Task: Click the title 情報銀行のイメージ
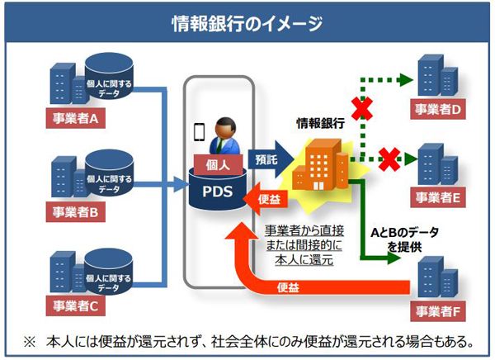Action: click(247, 24)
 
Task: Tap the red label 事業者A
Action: click(75, 119)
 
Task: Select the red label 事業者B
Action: click(75, 211)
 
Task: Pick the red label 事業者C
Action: click(75, 306)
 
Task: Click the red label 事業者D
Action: click(438, 109)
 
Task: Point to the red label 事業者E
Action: click(438, 197)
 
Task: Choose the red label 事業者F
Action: click(438, 311)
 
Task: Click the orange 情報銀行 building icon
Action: click(320, 164)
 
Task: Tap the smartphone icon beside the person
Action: click(199, 132)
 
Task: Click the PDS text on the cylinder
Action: click(217, 192)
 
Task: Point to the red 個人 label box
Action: click(218, 164)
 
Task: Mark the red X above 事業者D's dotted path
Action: click(362, 108)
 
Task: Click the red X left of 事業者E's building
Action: click(389, 159)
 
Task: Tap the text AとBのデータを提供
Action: click(404, 239)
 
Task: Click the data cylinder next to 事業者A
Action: click(109, 76)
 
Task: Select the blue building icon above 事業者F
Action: click(437, 277)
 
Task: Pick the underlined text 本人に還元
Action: click(304, 260)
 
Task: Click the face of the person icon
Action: click(225, 129)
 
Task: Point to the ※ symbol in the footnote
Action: click(30, 342)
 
